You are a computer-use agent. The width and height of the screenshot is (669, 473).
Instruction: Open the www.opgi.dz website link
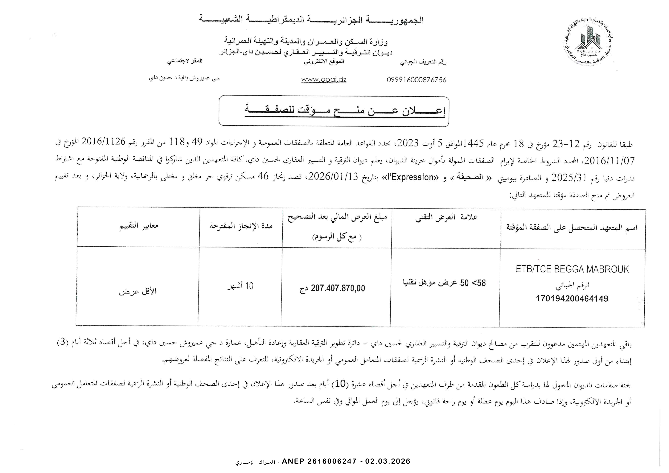[x=323, y=80]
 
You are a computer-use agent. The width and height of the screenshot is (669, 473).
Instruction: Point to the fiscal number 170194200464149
[x=572, y=298]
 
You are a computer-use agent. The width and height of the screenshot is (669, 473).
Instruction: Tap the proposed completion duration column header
[x=241, y=226]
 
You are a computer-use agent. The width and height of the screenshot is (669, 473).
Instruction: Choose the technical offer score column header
[x=446, y=217]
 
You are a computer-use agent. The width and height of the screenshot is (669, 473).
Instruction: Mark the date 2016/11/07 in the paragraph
[x=614, y=160]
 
